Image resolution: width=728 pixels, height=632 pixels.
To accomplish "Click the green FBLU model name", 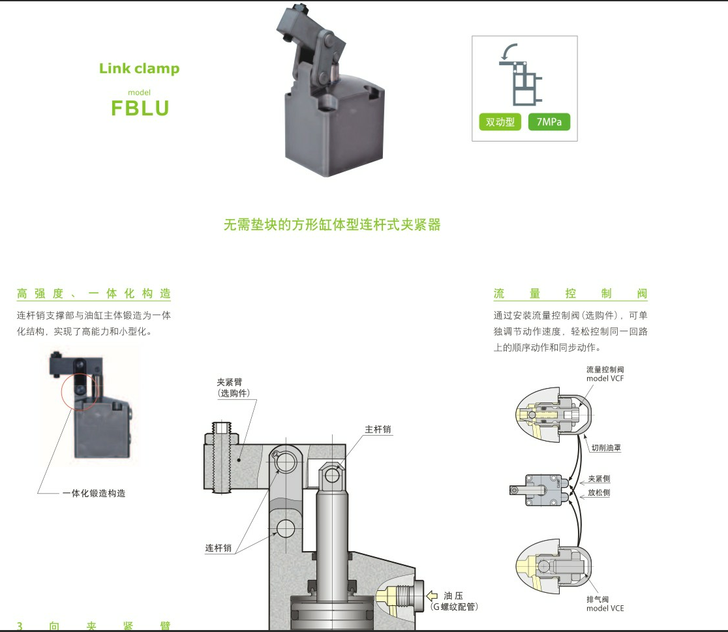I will [x=140, y=108].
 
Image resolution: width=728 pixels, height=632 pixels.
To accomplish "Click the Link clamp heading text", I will [x=139, y=68].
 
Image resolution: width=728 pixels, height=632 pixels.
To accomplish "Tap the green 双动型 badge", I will [x=500, y=122].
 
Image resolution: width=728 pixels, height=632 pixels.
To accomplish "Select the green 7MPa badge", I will [x=549, y=122].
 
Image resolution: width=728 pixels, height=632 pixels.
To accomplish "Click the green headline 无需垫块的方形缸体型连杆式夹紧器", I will [x=332, y=225].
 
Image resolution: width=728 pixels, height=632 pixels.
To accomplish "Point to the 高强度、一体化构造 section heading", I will [x=93, y=293].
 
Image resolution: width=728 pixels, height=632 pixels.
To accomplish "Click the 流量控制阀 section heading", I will [x=570, y=293].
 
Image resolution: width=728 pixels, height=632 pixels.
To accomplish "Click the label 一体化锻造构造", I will [x=93, y=494].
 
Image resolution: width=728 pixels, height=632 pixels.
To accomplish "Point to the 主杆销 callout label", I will [x=378, y=429].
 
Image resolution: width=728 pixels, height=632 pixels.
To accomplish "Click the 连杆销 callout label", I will [x=219, y=549].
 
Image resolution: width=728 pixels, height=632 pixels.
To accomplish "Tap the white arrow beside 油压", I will [x=431, y=595].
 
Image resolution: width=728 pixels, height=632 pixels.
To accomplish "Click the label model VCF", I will [x=605, y=378].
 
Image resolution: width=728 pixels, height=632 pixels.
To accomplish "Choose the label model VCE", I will [x=605, y=608].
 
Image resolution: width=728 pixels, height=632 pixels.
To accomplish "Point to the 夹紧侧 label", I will [x=599, y=478].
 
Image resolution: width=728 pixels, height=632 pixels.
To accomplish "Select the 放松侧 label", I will [x=599, y=493].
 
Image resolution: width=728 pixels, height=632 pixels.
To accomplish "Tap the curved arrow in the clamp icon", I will [x=509, y=50].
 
